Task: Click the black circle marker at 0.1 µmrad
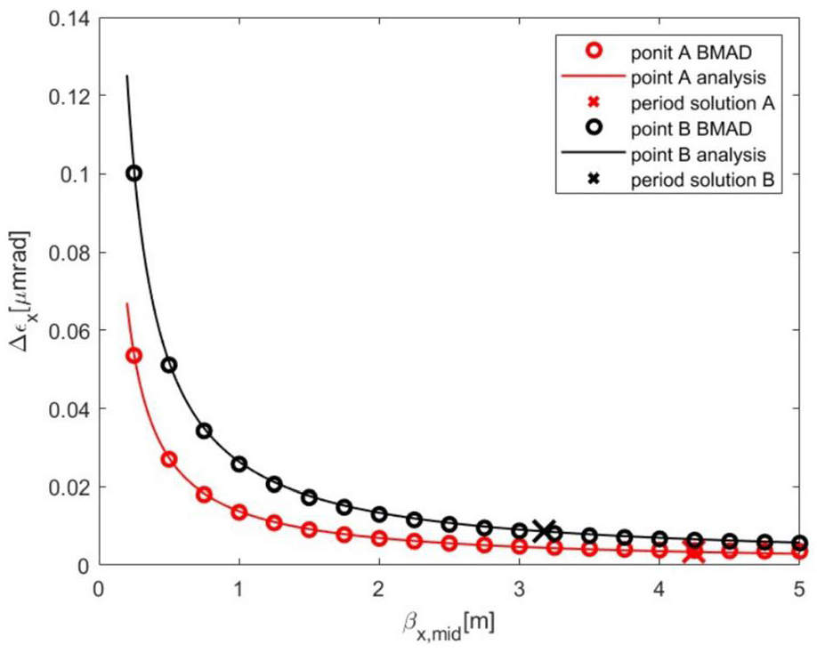pos(133,173)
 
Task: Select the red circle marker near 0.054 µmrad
pos(133,355)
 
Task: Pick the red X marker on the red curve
pos(694,552)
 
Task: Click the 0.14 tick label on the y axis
pos(68,18)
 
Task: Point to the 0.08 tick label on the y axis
pos(68,253)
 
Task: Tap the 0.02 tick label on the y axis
pos(68,488)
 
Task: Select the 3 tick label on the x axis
pos(519,591)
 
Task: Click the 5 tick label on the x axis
pos(799,591)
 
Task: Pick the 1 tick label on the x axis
pos(239,591)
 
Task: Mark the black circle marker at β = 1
pos(239,464)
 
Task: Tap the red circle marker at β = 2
pos(379,538)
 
